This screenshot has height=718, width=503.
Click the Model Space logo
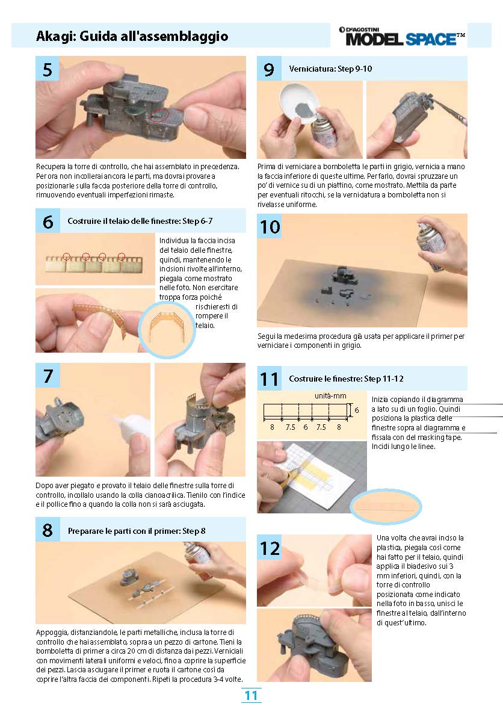click(x=402, y=37)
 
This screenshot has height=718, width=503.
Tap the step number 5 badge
click(x=48, y=69)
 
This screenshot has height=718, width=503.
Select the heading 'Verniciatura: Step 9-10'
click(x=330, y=69)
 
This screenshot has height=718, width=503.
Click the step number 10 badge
click(x=270, y=226)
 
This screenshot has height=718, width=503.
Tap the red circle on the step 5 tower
click(x=159, y=115)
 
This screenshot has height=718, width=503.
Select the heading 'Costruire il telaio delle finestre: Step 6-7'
click(x=140, y=221)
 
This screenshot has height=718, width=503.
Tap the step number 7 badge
click(x=48, y=376)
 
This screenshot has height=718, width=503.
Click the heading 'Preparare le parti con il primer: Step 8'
click(x=137, y=531)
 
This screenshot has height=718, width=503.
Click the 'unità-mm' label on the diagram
click(x=330, y=396)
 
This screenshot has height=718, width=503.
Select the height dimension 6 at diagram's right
click(x=357, y=410)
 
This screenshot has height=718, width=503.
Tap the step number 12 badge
click(x=270, y=548)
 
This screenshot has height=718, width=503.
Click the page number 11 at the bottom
click(x=251, y=696)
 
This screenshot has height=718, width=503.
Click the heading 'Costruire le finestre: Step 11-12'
click(x=346, y=379)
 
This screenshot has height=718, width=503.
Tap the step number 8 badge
click(x=48, y=530)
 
